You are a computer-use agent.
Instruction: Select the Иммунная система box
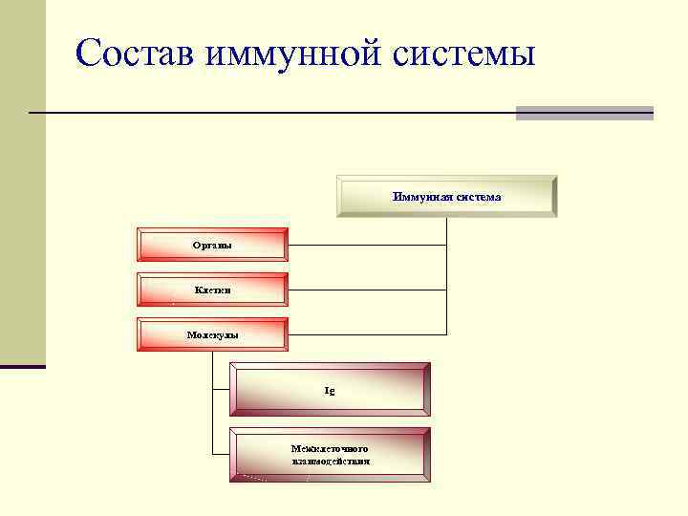coord(445,196)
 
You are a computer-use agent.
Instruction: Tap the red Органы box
coord(212,245)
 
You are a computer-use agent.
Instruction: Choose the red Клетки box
coord(212,289)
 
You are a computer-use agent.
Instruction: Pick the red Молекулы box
coord(212,334)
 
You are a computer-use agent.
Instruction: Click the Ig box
coord(330,390)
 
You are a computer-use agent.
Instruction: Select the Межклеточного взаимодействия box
coord(330,455)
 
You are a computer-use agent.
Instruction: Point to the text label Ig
coord(330,391)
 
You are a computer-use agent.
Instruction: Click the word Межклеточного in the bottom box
coord(330,448)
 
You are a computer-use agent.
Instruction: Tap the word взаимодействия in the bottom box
coord(331,461)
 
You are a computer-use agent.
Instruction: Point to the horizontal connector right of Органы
coord(366,245)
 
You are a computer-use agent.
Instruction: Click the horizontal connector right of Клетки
coord(366,290)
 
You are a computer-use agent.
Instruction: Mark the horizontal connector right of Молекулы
coord(366,334)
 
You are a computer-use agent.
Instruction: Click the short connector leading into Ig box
coord(221,389)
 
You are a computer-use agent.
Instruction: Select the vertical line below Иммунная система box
coord(447,277)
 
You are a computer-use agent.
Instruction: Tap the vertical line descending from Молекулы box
coord(212,401)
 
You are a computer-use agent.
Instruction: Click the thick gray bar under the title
coord(584,113)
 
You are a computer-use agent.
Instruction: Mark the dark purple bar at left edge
coord(22,366)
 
